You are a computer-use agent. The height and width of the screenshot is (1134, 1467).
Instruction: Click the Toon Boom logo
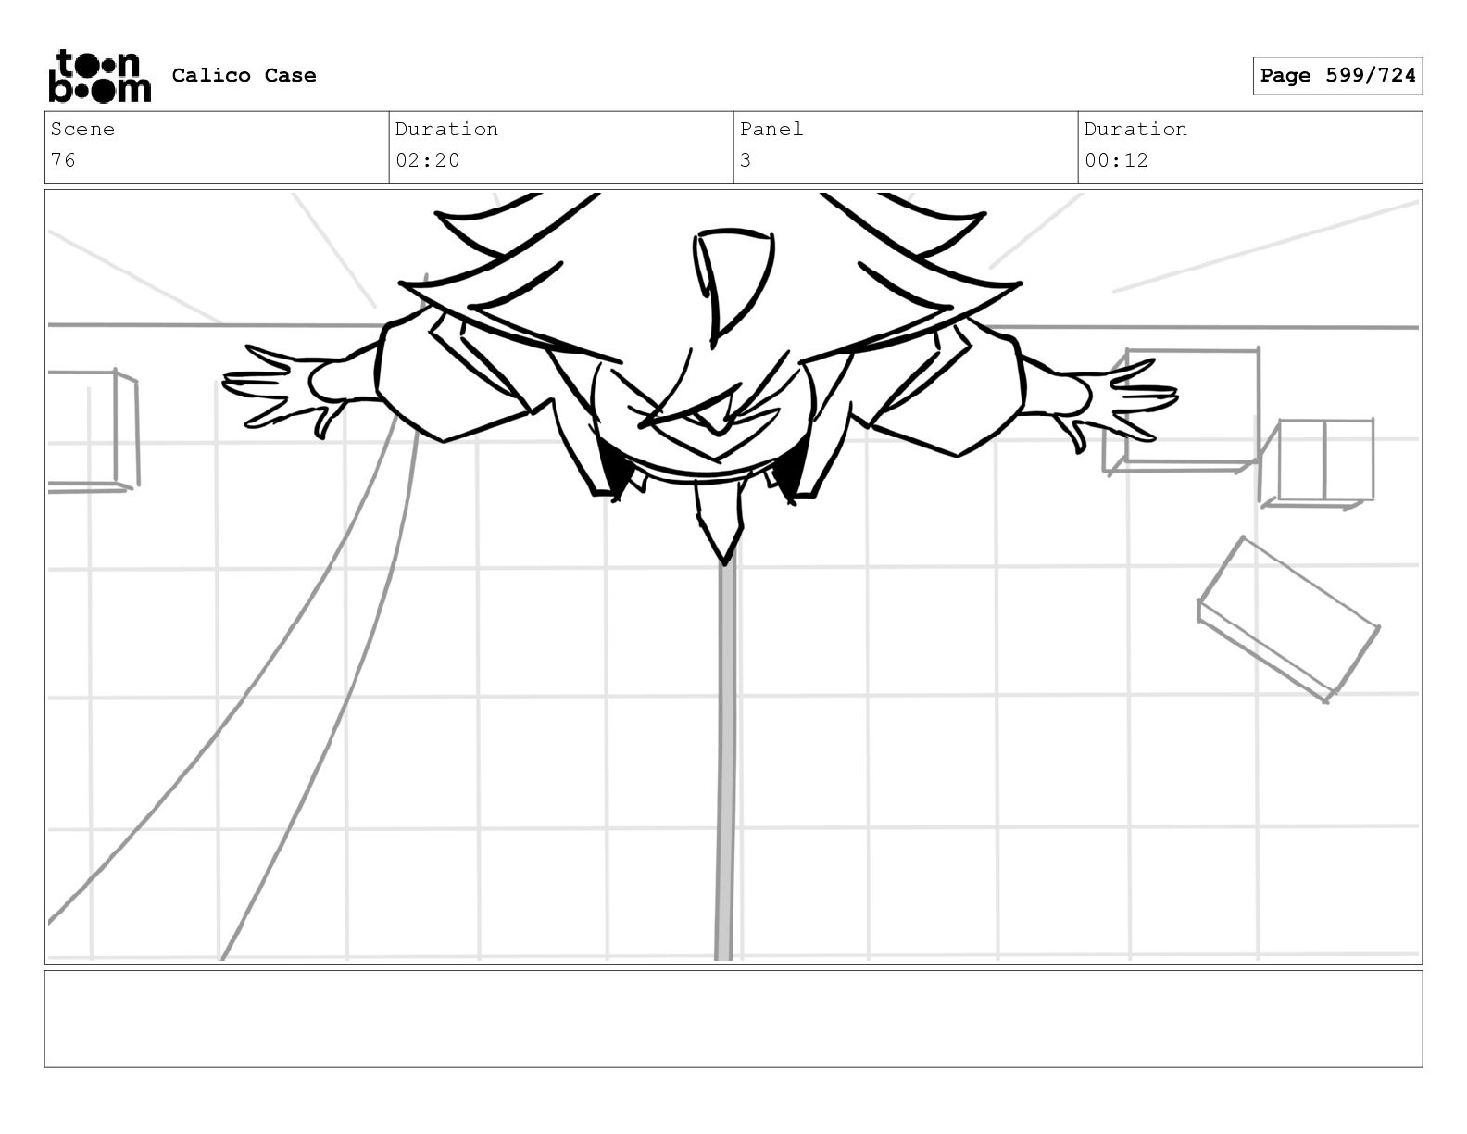pyautogui.click(x=99, y=76)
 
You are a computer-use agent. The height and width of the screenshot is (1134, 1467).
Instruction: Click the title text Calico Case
pyautogui.click(x=244, y=76)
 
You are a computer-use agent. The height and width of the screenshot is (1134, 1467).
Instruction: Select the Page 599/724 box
pyautogui.click(x=1336, y=76)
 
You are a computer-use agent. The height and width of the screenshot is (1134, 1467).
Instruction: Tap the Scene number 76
pyautogui.click(x=63, y=160)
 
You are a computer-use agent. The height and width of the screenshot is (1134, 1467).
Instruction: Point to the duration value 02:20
pyautogui.click(x=428, y=160)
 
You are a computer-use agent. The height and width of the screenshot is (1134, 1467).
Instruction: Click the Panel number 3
pyautogui.click(x=746, y=160)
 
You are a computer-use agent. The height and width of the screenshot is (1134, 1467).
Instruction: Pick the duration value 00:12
pyautogui.click(x=1116, y=160)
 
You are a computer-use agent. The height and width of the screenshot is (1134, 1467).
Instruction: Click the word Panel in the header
pyautogui.click(x=771, y=130)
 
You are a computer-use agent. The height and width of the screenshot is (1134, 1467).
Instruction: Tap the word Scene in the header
pyautogui.click(x=82, y=130)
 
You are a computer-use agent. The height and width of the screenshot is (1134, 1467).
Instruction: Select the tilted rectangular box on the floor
pyautogui.click(x=1287, y=616)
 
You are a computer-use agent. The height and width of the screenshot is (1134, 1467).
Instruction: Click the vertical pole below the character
pyautogui.click(x=725, y=760)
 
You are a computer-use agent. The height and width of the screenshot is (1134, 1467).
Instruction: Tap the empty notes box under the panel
pyautogui.click(x=733, y=1018)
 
